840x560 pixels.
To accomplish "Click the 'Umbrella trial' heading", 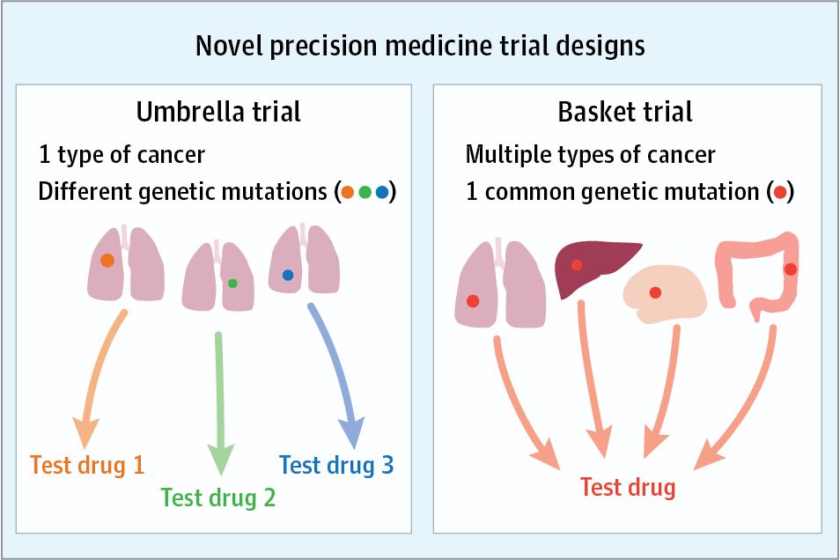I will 218,112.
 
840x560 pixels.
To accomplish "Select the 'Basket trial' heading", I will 625,112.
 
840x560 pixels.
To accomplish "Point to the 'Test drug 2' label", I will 218,497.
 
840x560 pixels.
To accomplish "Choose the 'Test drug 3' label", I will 336,464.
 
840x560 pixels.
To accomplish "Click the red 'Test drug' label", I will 628,487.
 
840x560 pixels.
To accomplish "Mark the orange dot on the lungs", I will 107,261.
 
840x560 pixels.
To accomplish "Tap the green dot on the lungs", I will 232,284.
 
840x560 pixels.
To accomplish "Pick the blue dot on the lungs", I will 288,275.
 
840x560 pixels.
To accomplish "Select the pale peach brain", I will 665,293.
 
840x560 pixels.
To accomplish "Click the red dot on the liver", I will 577,265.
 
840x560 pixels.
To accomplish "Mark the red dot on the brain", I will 655,293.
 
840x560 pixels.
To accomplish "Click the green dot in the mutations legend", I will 365,192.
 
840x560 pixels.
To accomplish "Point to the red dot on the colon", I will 790,269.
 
